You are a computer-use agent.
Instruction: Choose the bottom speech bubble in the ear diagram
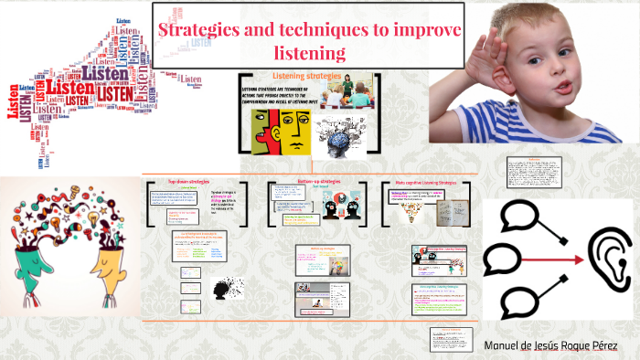click(x=517, y=301)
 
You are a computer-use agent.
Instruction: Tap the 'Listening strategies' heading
click(x=305, y=76)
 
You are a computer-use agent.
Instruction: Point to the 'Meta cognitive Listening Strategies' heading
click(x=430, y=181)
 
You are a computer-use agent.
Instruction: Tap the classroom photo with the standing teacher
click(x=347, y=94)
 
